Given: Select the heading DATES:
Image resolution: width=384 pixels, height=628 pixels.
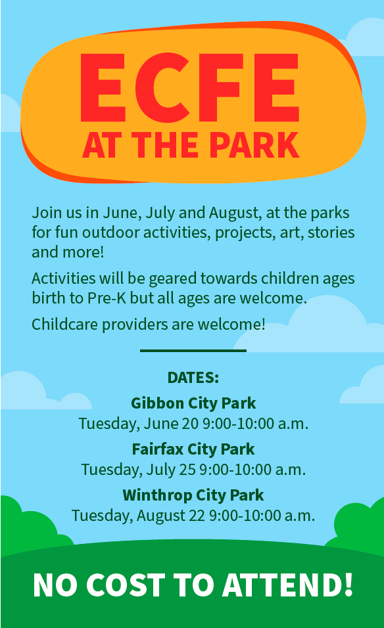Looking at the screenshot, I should (x=193, y=378).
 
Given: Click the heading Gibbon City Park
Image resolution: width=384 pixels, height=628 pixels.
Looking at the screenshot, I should (x=193, y=403).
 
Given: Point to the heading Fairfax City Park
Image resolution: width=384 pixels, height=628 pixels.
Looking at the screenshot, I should (x=193, y=449).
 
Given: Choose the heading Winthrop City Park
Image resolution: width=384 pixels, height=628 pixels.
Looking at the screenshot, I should (x=193, y=495).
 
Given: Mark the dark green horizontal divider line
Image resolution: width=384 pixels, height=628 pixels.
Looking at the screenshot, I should (x=193, y=350).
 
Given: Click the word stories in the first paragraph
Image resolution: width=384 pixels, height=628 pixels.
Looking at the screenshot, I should (x=331, y=233).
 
